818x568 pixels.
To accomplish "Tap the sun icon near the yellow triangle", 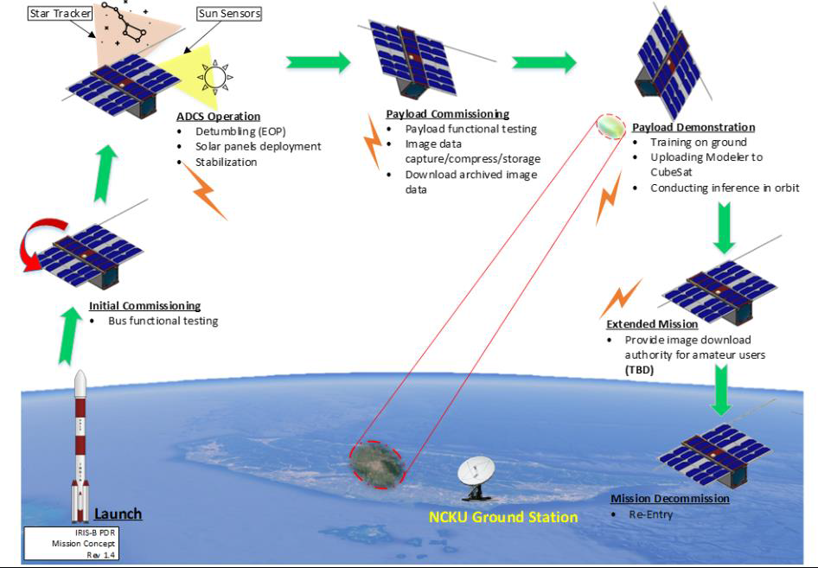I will tap(214, 78).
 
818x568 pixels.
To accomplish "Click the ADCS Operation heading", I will tap(218, 117).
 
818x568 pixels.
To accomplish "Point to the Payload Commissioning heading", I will tap(447, 114).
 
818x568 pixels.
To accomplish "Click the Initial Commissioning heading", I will tap(144, 306).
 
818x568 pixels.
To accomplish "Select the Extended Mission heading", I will tap(652, 324).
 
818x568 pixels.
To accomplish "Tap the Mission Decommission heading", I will tap(670, 499).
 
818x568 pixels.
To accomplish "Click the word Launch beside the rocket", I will tap(118, 514).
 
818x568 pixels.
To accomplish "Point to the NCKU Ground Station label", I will tap(503, 517).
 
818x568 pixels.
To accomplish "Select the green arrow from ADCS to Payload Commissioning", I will tap(318, 62).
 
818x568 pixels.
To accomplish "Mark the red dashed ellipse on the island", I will tap(379, 464).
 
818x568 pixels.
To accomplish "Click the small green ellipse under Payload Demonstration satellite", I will tap(610, 127).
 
